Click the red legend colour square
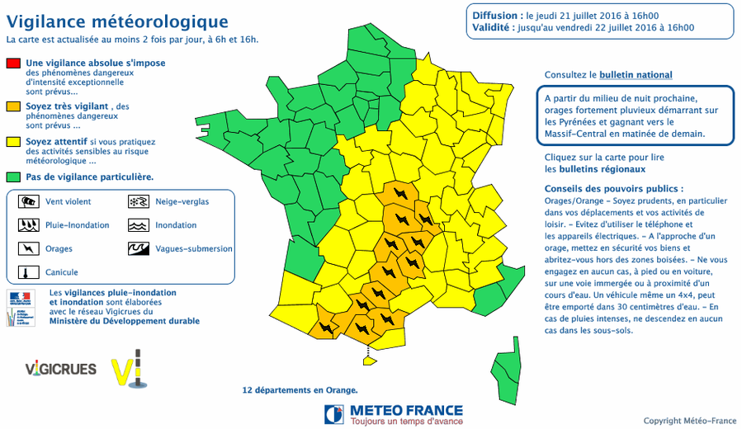(x=12, y=63)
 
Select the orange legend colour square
(x=12, y=106)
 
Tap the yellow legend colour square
(x=12, y=141)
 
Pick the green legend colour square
(x=12, y=177)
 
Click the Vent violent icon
(x=28, y=201)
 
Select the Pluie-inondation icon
(x=28, y=224)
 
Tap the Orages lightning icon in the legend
(x=28, y=248)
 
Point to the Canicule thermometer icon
(x=28, y=271)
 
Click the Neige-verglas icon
(x=138, y=201)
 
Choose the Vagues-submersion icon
(x=138, y=248)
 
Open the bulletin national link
(x=636, y=75)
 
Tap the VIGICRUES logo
(x=61, y=369)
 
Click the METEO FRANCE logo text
(x=406, y=410)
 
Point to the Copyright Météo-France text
(x=689, y=421)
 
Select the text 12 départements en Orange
(x=300, y=389)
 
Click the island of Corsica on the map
(x=507, y=361)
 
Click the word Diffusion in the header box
(x=497, y=16)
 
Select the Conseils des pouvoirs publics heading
(x=613, y=189)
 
